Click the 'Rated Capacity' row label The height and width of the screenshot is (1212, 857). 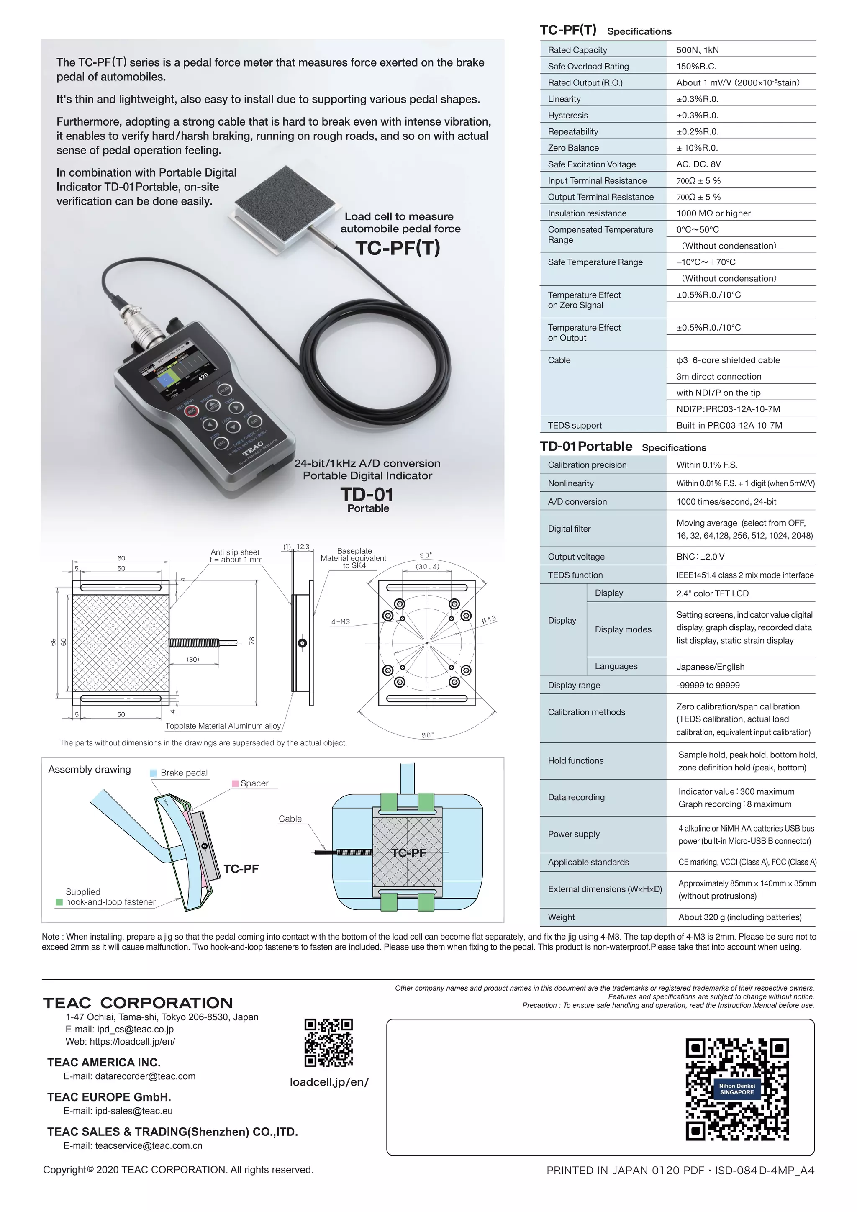click(577, 50)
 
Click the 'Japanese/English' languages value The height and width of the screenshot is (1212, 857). click(710, 667)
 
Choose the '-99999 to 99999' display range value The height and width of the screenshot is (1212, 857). click(708, 685)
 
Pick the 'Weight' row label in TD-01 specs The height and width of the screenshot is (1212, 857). click(561, 917)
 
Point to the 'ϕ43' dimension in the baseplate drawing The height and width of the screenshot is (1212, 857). click(489, 619)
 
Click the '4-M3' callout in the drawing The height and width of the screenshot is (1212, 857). click(340, 621)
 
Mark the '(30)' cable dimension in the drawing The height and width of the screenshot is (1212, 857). click(192, 659)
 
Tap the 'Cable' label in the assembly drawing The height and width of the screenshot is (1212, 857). click(290, 819)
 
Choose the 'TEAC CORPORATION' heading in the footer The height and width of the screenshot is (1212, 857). click(138, 1003)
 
